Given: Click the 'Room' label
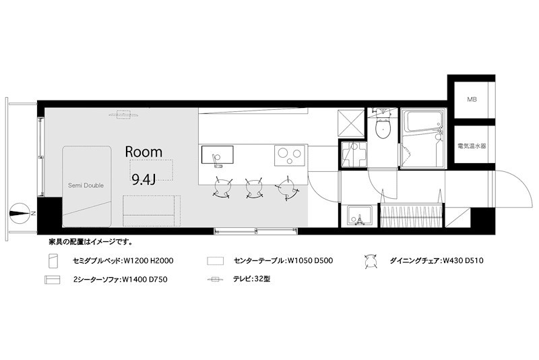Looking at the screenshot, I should (144, 152).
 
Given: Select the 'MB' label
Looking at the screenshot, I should (472, 100).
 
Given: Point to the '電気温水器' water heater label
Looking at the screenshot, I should (471, 145).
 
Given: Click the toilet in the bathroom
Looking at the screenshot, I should (383, 127).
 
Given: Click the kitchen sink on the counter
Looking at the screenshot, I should (218, 156).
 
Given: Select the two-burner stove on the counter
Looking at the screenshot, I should (290, 156).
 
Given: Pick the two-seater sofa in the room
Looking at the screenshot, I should (151, 210).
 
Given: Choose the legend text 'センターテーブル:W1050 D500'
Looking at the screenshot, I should (284, 260).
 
